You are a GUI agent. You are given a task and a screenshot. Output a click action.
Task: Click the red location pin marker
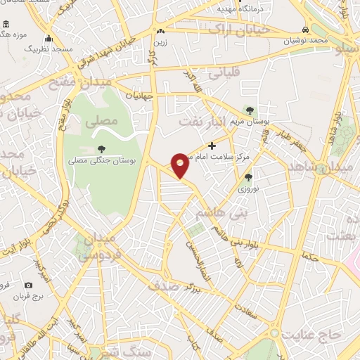(181, 165)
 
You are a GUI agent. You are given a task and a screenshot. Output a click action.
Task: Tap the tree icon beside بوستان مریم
(248, 110)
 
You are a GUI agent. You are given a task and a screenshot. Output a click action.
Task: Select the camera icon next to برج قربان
(28, 285)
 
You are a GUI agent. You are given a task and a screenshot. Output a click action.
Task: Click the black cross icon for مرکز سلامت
(212, 146)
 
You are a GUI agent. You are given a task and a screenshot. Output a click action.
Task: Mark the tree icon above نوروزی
(248, 177)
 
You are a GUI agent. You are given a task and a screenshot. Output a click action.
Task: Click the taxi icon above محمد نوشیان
(304, 30)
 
